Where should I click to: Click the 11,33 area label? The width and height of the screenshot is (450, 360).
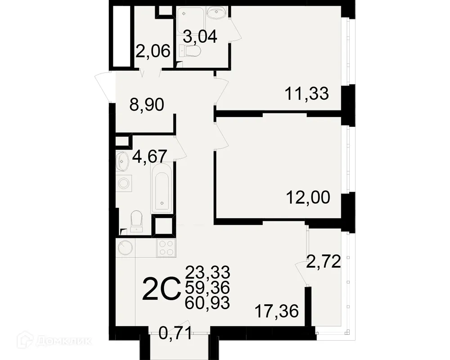tap(307, 94)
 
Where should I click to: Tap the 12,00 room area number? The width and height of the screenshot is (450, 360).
tap(308, 197)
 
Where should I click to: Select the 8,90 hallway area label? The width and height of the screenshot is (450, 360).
tap(146, 106)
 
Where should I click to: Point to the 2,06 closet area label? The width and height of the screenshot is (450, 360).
tap(153, 52)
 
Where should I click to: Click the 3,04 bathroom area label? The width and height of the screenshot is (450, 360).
tap(199, 37)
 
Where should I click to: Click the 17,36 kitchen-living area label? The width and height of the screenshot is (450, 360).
tap(276, 310)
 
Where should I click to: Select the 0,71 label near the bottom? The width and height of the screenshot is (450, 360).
tap(177, 334)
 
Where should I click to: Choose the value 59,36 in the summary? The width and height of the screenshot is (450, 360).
tap(207, 287)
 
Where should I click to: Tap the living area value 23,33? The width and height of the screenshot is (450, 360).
tap(207, 272)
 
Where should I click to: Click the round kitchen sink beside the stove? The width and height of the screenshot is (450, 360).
tap(126, 248)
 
